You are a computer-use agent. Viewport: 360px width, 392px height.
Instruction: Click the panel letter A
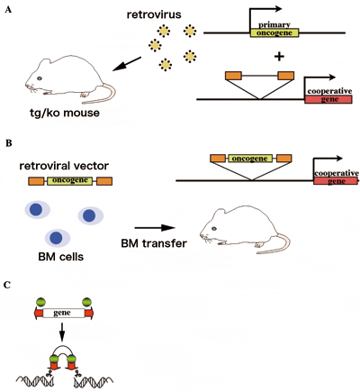[9, 10]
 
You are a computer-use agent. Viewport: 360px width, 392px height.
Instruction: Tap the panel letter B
[9, 143]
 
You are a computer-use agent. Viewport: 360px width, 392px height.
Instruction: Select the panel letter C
[7, 285]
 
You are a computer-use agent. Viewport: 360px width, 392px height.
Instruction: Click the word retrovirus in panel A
[154, 14]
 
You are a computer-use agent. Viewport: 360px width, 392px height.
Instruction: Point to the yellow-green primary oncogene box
[274, 32]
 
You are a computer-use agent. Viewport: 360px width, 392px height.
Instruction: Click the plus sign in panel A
[279, 56]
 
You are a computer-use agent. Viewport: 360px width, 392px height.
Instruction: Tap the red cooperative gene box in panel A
[328, 99]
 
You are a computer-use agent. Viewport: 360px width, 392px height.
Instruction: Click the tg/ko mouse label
[65, 113]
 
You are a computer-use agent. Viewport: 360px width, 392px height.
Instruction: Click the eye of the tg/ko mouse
[40, 78]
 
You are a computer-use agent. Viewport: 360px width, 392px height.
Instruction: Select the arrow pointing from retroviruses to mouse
[127, 64]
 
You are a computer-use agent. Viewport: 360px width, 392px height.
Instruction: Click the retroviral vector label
[64, 166]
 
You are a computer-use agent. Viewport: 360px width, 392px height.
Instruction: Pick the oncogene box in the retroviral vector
[69, 180]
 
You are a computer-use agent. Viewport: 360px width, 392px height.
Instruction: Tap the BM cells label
[61, 257]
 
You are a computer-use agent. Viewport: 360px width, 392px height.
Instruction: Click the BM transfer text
[154, 243]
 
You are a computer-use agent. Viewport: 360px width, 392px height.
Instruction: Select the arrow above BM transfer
[155, 228]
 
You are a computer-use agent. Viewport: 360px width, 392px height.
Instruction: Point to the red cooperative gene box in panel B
[336, 181]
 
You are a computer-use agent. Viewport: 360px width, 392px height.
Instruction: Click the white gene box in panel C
[64, 314]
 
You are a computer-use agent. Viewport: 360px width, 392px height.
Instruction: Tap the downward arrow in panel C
[62, 332]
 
